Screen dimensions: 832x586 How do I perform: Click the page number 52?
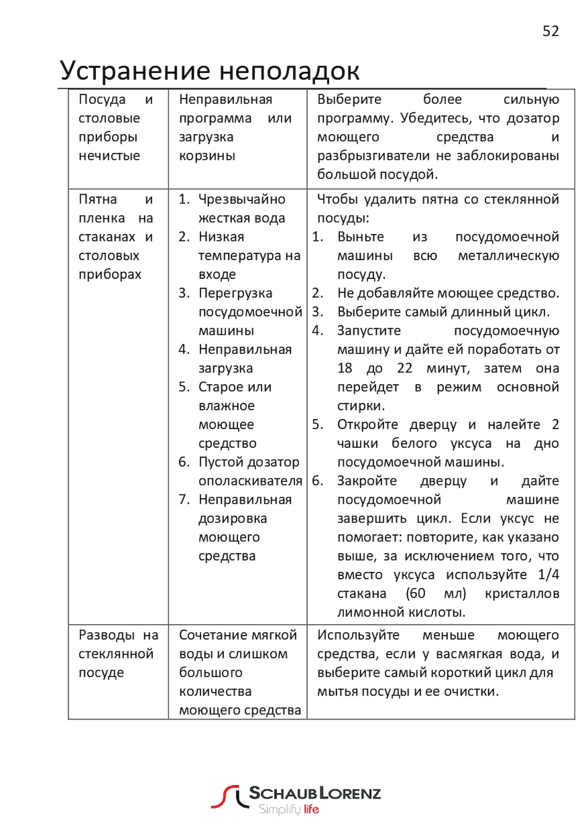pos(551,31)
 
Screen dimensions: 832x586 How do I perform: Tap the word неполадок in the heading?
pos(289,71)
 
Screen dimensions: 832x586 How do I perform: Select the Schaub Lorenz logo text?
pos(314,793)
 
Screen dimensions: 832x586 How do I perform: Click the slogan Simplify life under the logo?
pos(289,810)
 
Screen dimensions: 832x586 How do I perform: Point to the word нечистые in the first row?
pos(109,156)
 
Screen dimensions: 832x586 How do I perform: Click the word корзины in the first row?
pos(207,156)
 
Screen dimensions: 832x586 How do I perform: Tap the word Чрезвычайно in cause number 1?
pos(242,199)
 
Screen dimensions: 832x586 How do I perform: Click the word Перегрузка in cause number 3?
pos(235,293)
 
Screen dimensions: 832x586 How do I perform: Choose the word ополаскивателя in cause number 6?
pos(250,481)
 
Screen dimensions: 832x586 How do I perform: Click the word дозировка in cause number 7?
pos(232,518)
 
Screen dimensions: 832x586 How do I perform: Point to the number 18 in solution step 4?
pos(345,368)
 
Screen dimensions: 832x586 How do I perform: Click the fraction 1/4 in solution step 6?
pos(548,574)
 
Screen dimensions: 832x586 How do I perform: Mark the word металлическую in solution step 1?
pos(508,255)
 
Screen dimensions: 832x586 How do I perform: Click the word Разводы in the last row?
pos(106,635)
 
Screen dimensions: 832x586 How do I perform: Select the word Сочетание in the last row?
pos(206,635)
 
